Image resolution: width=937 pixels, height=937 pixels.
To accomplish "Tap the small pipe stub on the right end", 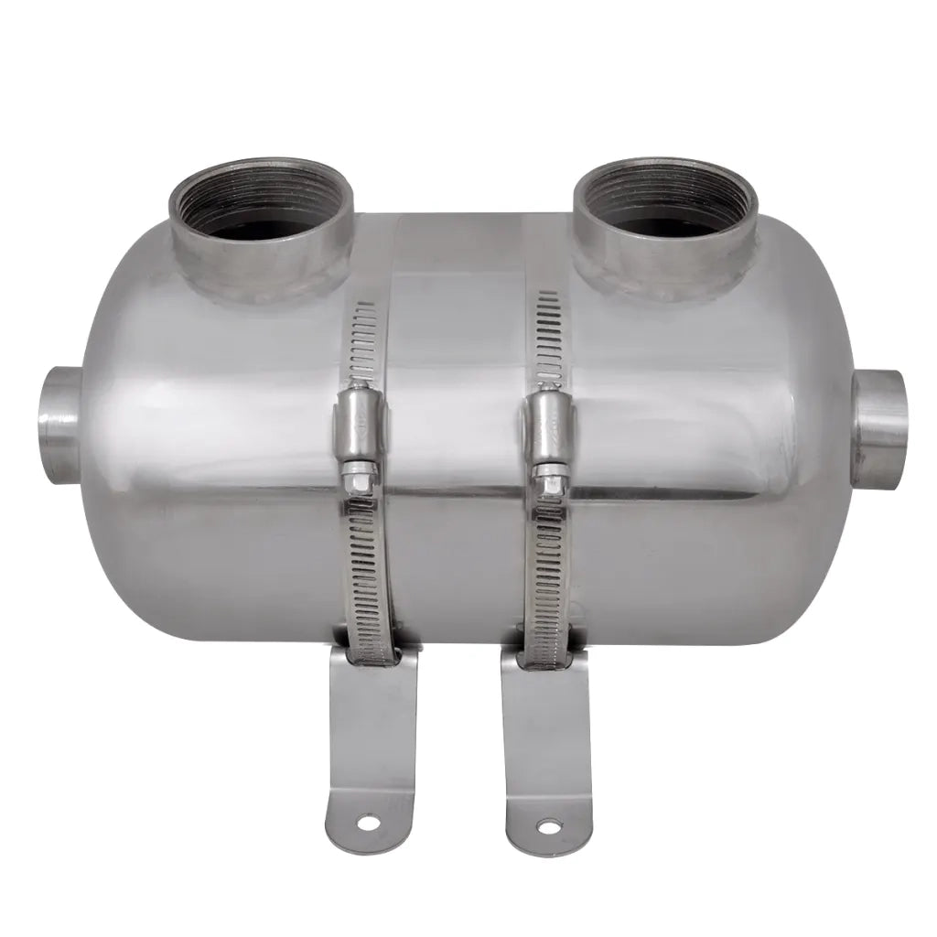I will coord(879,429).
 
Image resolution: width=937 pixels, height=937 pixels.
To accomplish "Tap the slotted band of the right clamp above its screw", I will coord(549,339).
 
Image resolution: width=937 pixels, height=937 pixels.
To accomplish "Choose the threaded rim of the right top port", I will coord(665,172).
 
